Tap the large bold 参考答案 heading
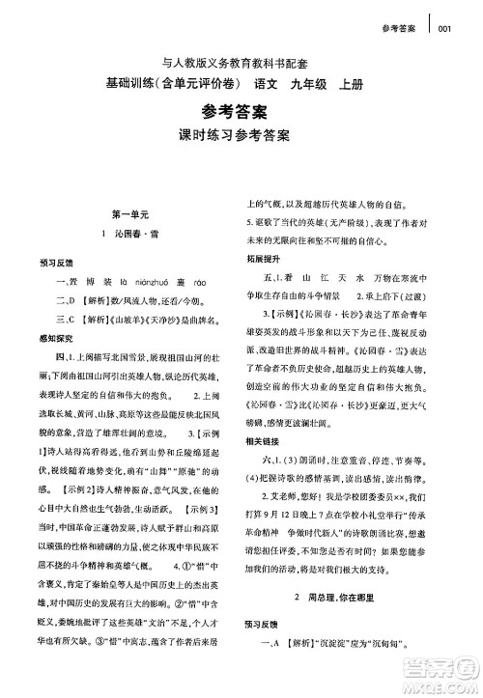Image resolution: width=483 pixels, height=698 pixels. click(x=241, y=111)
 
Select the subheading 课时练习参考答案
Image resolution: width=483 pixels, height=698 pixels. click(x=241, y=136)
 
